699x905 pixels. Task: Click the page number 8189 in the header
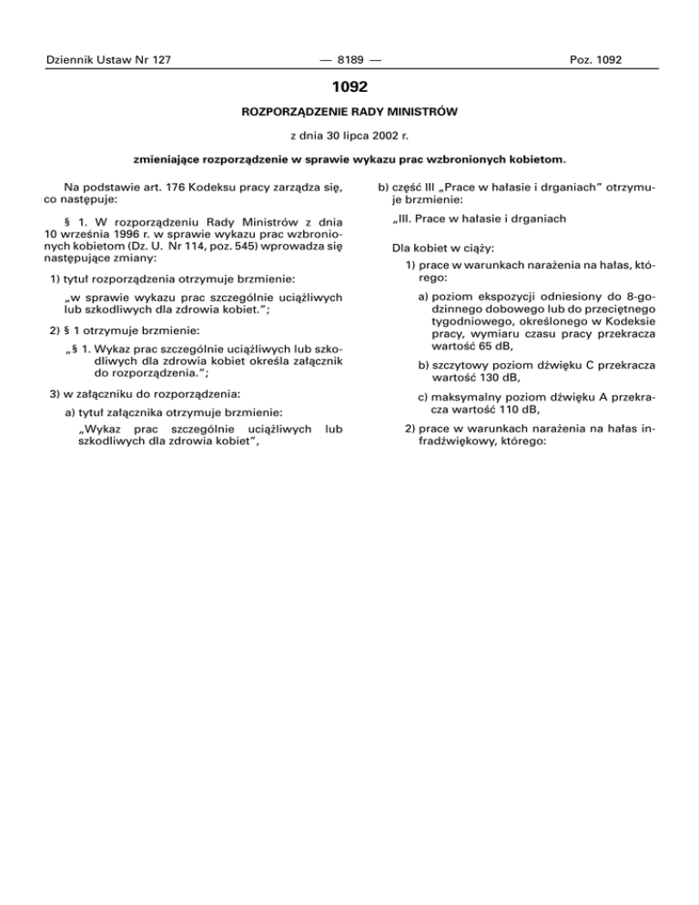click(x=349, y=60)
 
